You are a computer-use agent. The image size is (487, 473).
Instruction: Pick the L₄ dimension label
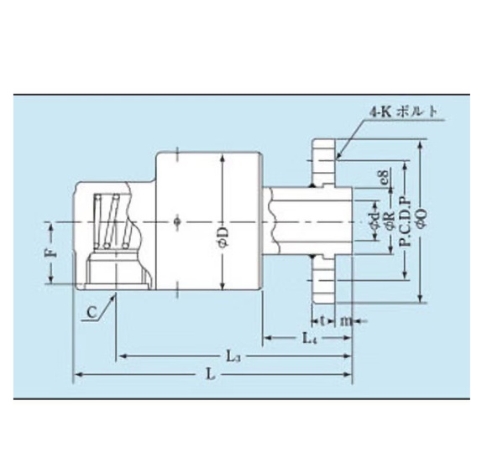(x=309, y=337)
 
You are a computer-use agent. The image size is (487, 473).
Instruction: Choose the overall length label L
(x=210, y=375)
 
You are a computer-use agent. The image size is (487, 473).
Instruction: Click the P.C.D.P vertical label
(x=405, y=221)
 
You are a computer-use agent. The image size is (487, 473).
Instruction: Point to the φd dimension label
(x=374, y=223)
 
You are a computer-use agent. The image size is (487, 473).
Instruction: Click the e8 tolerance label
(x=383, y=178)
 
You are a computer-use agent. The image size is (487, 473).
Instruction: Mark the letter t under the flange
(x=322, y=320)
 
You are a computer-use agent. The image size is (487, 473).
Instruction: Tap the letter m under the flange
(x=344, y=320)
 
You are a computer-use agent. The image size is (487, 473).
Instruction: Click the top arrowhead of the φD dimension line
(x=220, y=157)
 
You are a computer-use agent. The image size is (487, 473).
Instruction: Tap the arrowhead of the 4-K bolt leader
(x=338, y=156)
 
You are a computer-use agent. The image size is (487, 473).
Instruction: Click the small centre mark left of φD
(x=175, y=222)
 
